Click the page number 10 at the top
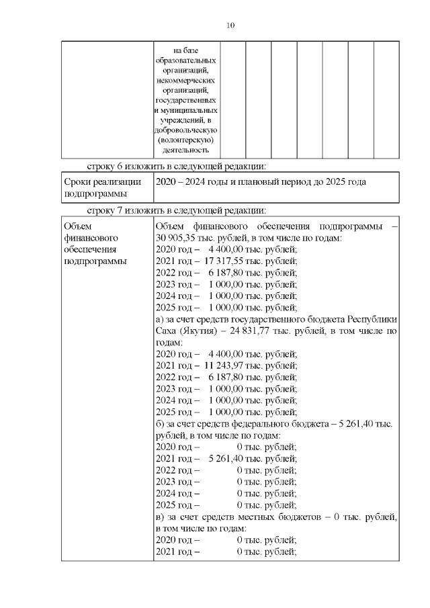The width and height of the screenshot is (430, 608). coord(230,26)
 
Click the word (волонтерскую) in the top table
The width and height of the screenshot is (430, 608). coord(186,140)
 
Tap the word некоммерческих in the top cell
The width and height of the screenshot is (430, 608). coord(186,79)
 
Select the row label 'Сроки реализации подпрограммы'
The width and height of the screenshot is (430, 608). coord(102,187)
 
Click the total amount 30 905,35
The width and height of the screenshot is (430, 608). coord(176,238)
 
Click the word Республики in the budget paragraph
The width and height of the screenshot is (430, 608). coord(374,319)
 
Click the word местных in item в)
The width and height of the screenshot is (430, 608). coord(262,517)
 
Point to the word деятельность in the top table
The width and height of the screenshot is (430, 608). coord(186,151)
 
